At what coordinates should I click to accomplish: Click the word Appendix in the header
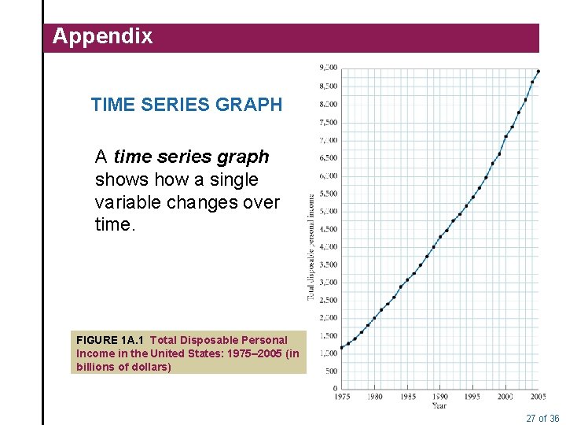tap(102, 36)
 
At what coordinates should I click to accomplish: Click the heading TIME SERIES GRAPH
tap(186, 105)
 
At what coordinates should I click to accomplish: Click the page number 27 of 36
tap(542, 418)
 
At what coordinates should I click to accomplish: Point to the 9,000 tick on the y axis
tap(328, 68)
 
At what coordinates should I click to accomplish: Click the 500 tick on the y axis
tap(331, 371)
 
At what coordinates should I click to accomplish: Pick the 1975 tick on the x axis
tap(342, 397)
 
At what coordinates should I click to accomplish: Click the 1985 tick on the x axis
tap(407, 397)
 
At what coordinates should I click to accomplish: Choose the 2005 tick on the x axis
tap(537, 397)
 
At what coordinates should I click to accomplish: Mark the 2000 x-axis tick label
tap(505, 397)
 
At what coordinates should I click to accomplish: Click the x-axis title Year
tap(439, 406)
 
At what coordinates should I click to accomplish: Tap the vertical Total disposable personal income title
tap(311, 248)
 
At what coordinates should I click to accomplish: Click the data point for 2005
tap(538, 72)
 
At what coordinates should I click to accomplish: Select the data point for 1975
tap(342, 346)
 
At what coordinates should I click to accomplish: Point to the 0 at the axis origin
tap(336, 388)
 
